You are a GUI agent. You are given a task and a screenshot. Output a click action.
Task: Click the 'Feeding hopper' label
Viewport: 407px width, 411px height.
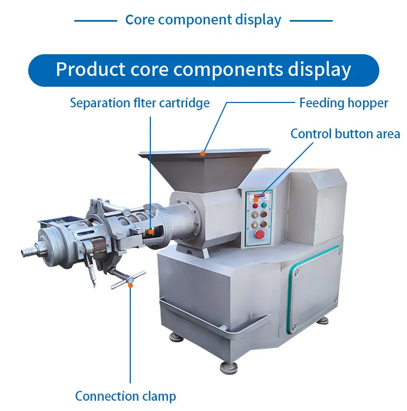point(344,103)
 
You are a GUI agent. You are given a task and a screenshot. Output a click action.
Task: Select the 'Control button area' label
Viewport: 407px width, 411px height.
point(345,134)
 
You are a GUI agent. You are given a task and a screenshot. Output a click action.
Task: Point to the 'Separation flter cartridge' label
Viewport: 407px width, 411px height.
point(139,103)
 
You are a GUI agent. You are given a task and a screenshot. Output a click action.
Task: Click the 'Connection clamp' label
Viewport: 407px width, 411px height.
point(125,396)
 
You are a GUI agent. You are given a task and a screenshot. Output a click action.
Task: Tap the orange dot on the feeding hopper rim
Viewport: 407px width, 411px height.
point(202,153)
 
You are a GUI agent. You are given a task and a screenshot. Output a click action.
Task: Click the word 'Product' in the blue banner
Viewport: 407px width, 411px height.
point(89,70)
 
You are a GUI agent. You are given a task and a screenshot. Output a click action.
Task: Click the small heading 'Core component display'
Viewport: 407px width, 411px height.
point(203,20)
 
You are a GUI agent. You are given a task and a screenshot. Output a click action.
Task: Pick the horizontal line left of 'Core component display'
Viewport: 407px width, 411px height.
point(96,21)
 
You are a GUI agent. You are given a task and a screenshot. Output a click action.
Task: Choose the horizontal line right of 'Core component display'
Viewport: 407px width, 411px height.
point(311,21)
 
